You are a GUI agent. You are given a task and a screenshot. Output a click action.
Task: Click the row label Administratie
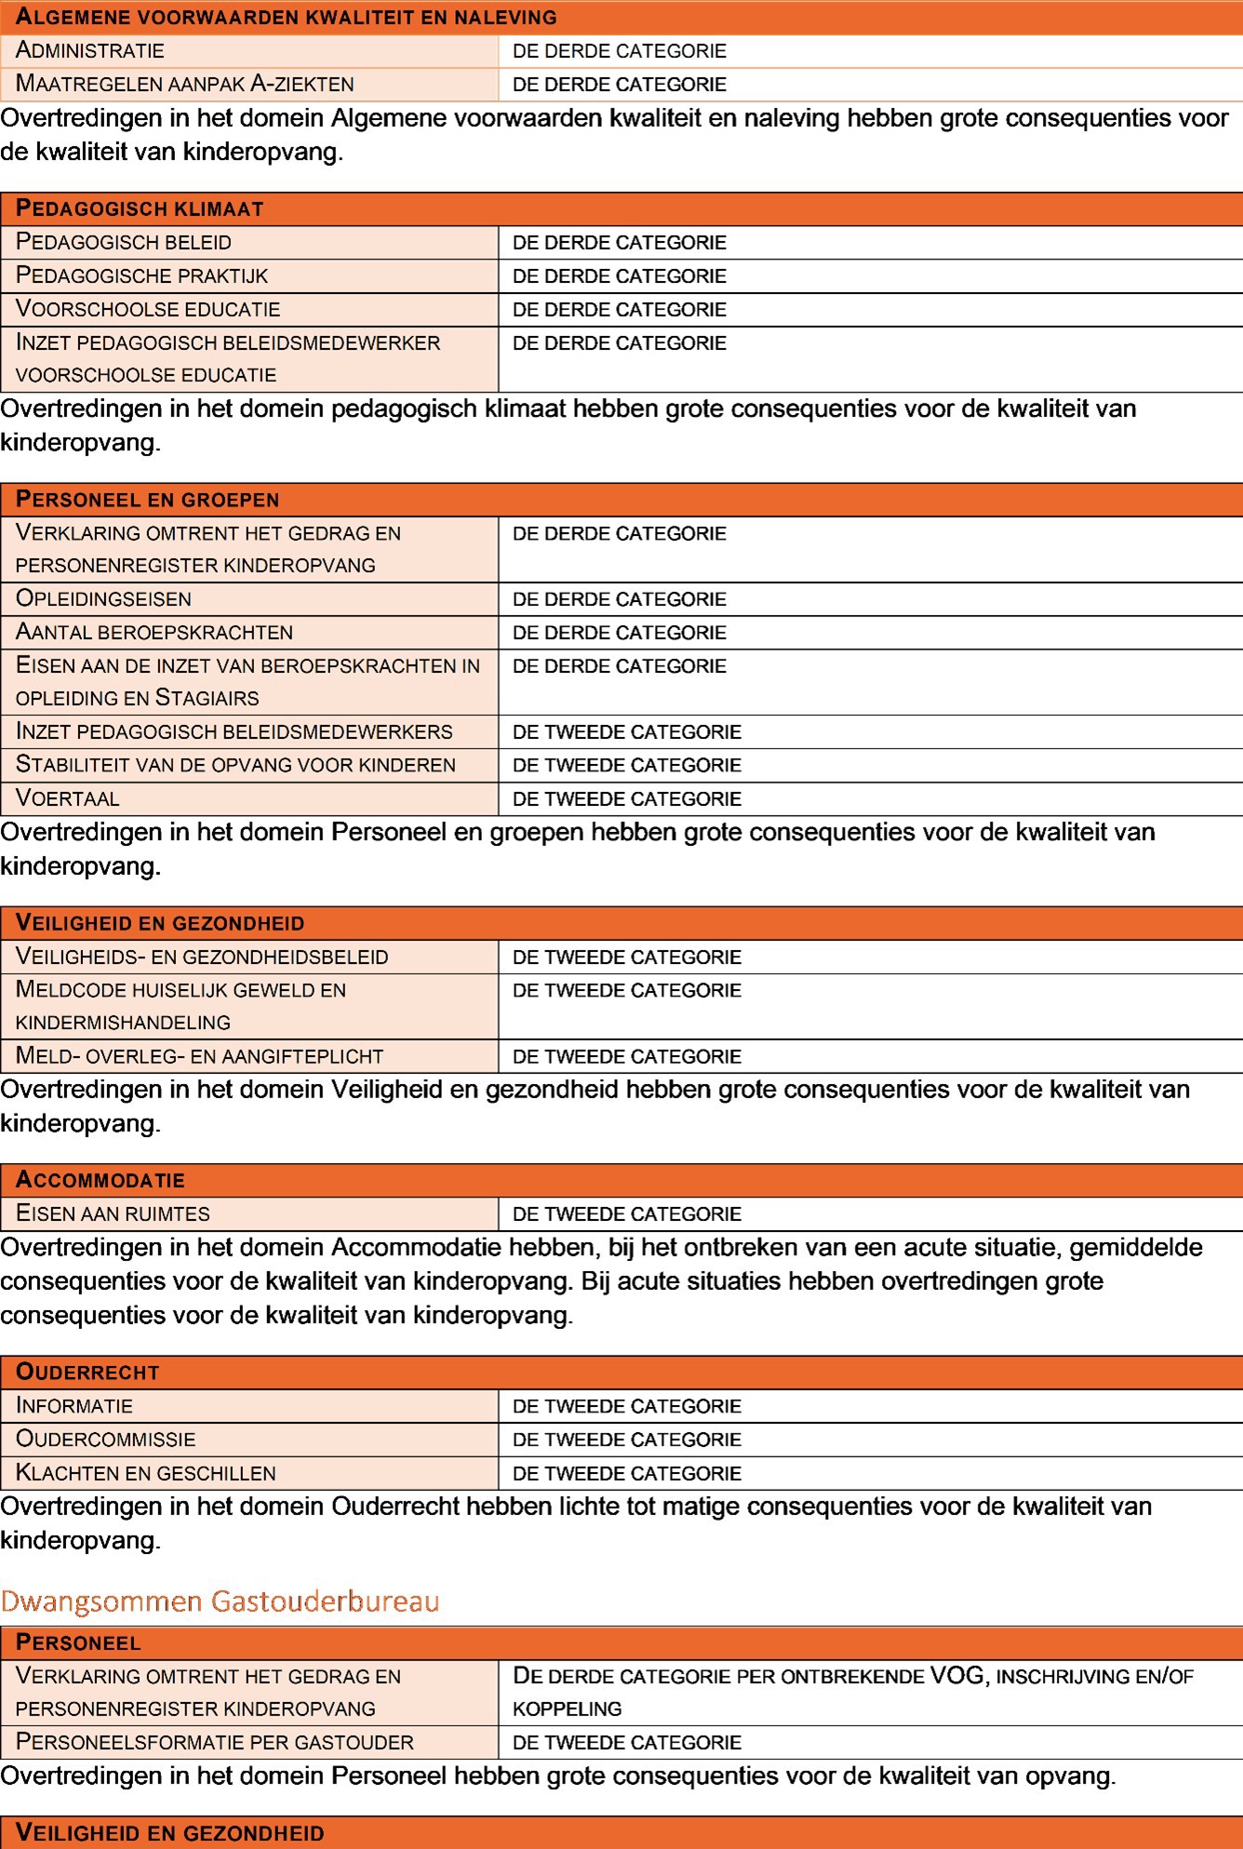tap(90, 51)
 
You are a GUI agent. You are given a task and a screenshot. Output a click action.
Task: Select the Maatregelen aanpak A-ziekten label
tap(185, 85)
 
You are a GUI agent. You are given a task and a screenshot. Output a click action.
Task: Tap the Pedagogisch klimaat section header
tap(140, 209)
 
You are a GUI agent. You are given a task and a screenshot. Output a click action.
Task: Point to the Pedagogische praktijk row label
tap(142, 276)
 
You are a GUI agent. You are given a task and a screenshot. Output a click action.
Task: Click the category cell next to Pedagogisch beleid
tap(620, 243)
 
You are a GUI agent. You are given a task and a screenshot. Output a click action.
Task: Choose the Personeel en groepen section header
tap(148, 500)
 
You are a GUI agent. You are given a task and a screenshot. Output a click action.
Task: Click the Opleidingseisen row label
tap(104, 599)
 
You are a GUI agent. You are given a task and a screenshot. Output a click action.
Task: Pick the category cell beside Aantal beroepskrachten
tap(620, 633)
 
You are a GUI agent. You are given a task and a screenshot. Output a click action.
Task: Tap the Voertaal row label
tap(68, 798)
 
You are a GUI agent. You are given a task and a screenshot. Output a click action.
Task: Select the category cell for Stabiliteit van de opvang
tap(627, 765)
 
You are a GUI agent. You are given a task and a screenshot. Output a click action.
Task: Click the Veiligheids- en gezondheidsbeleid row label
tap(202, 957)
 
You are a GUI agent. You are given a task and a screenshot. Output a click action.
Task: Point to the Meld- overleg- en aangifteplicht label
tap(200, 1056)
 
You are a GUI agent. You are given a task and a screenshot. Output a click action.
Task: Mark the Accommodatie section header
tap(100, 1181)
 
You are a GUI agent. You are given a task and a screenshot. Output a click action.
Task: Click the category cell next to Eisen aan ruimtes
tap(627, 1214)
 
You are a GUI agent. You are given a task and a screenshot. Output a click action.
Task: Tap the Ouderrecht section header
tap(88, 1373)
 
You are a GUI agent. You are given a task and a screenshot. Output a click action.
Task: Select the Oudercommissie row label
tap(106, 1440)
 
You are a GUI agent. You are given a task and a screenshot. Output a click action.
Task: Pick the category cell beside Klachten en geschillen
tap(627, 1474)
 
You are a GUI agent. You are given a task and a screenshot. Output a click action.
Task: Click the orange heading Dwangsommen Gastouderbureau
tap(220, 1601)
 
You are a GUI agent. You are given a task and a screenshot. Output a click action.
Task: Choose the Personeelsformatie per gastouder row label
tap(215, 1742)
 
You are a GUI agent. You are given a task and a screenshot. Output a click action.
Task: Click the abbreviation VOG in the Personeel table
tap(956, 1676)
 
